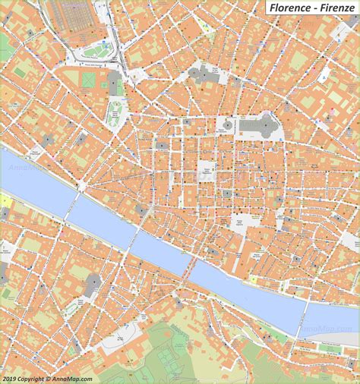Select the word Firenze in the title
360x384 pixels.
coord(336,8)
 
